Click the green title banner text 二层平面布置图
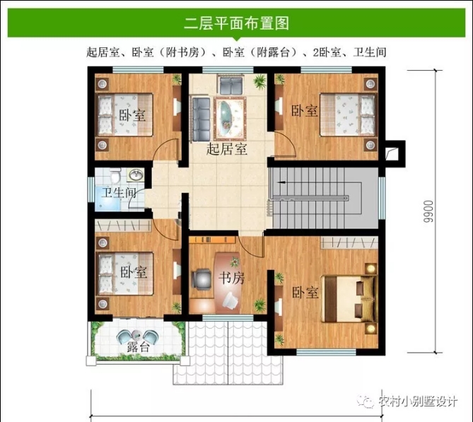click(x=236, y=23)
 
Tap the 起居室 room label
click(x=227, y=149)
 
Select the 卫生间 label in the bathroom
click(x=119, y=193)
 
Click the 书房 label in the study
click(x=231, y=278)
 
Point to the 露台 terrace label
click(x=138, y=347)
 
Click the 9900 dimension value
click(x=428, y=211)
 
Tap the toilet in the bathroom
click(x=115, y=175)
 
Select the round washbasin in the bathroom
click(x=136, y=175)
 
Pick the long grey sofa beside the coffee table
click(x=202, y=119)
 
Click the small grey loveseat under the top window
click(x=230, y=85)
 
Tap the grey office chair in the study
click(x=202, y=280)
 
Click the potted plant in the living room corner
click(x=259, y=81)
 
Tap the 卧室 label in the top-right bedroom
click(x=304, y=111)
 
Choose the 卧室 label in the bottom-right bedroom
click(x=305, y=293)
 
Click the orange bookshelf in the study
click(x=212, y=240)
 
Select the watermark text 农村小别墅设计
click(x=418, y=402)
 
